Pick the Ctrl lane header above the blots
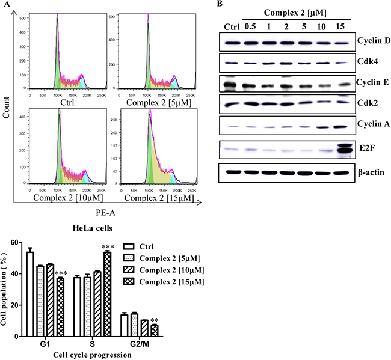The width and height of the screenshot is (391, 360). tap(230, 26)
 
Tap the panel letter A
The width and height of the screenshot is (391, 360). tap(8, 5)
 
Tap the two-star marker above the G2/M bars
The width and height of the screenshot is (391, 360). tap(155, 321)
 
